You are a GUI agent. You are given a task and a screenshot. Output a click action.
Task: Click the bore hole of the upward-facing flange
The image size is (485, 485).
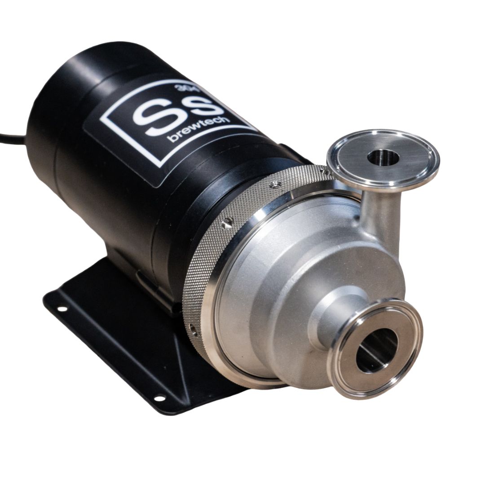383,158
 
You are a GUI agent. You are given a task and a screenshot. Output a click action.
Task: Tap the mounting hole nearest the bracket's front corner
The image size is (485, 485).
159,397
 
